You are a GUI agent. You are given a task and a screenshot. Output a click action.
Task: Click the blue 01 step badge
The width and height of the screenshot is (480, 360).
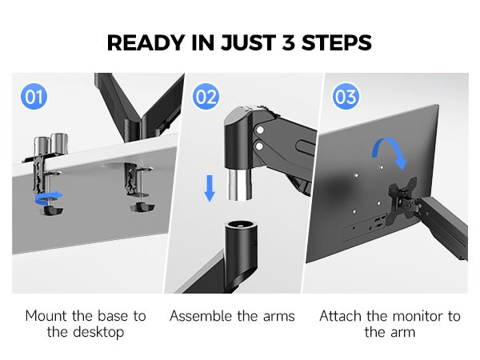click(34, 98)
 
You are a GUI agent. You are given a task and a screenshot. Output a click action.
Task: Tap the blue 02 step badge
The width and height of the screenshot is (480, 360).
click(206, 98)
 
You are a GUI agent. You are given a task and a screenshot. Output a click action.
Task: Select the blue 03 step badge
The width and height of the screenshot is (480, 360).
click(346, 98)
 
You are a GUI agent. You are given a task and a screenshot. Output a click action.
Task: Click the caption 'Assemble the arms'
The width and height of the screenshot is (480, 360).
click(232, 316)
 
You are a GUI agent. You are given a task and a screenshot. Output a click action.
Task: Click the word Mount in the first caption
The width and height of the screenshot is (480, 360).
click(46, 316)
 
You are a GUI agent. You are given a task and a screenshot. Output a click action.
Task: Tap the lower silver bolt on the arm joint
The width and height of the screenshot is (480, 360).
click(260, 146)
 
